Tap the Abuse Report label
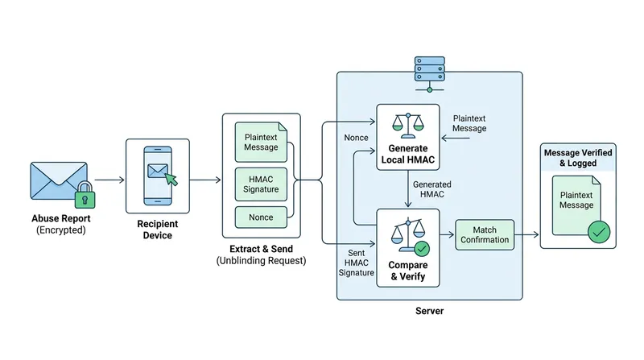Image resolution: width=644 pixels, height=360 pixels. [61, 218]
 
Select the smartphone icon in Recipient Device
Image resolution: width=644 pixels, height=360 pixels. [158, 176]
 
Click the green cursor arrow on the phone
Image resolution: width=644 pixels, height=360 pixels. [171, 179]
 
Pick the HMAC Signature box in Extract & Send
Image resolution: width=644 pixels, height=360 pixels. [261, 184]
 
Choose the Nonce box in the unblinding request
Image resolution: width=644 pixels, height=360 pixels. [261, 217]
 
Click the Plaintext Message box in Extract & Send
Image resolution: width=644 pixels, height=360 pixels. [261, 143]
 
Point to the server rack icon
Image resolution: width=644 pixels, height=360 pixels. [430, 74]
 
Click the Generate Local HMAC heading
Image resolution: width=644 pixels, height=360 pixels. [408, 154]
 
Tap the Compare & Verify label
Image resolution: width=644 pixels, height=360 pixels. [408, 271]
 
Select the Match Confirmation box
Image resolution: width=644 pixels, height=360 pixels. [485, 234]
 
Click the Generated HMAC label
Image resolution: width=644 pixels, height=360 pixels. [432, 189]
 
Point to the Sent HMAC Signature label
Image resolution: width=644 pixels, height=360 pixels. [356, 263]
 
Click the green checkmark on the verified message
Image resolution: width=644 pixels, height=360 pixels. [599, 232]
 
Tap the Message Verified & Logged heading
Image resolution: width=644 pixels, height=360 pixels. [578, 158]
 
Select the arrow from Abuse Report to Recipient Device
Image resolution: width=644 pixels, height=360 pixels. [109, 180]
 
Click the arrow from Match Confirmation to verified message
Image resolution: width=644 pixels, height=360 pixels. [526, 234]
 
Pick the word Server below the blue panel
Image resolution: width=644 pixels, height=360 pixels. [430, 311]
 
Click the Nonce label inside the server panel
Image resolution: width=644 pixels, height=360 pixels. [356, 138]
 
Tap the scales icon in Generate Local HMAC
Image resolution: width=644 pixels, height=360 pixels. [408, 126]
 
